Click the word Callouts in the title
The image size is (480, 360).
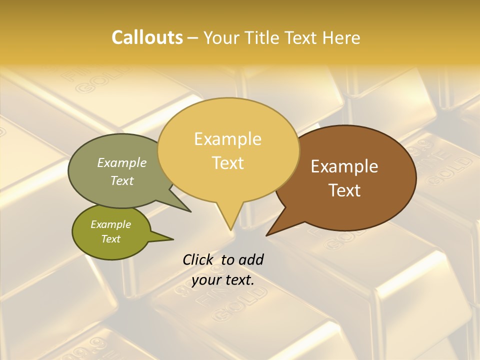pyautogui.click(x=147, y=37)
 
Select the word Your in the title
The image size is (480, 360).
pyautogui.click(x=221, y=37)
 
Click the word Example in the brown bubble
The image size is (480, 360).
pyautogui.click(x=344, y=166)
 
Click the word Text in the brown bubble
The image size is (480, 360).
pyautogui.click(x=344, y=190)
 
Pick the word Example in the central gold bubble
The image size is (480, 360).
pyautogui.click(x=228, y=139)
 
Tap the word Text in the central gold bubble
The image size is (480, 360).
pyautogui.click(x=228, y=162)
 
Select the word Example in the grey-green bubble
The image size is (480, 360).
pyautogui.click(x=122, y=163)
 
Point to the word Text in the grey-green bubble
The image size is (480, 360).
pyautogui.click(x=122, y=180)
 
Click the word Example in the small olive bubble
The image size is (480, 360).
pyautogui.click(x=110, y=224)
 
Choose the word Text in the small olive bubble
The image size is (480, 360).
pyautogui.click(x=110, y=239)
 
